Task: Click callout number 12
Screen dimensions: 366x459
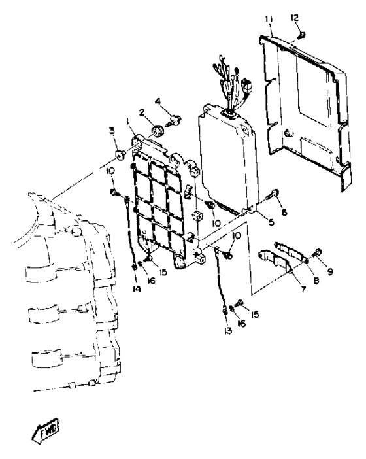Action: (x=295, y=18)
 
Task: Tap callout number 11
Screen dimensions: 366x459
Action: (x=269, y=19)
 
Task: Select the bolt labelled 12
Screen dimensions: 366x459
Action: (x=301, y=35)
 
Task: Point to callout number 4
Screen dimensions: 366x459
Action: (x=158, y=101)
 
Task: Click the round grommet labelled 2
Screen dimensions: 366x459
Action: (x=158, y=131)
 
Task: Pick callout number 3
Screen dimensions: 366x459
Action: (x=112, y=131)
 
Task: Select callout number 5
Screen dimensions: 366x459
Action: (x=271, y=222)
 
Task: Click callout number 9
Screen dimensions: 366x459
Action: (x=330, y=272)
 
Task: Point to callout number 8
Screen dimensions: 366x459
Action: (x=316, y=280)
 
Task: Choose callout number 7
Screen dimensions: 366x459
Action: (x=303, y=289)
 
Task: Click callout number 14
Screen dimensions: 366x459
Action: (x=137, y=289)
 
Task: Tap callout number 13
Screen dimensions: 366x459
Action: (x=228, y=331)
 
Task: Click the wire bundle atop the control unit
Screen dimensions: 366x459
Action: (x=233, y=85)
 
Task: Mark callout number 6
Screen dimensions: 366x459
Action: (x=284, y=212)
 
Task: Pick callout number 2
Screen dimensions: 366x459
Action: (x=142, y=112)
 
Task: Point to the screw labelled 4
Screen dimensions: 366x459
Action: (x=175, y=120)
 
